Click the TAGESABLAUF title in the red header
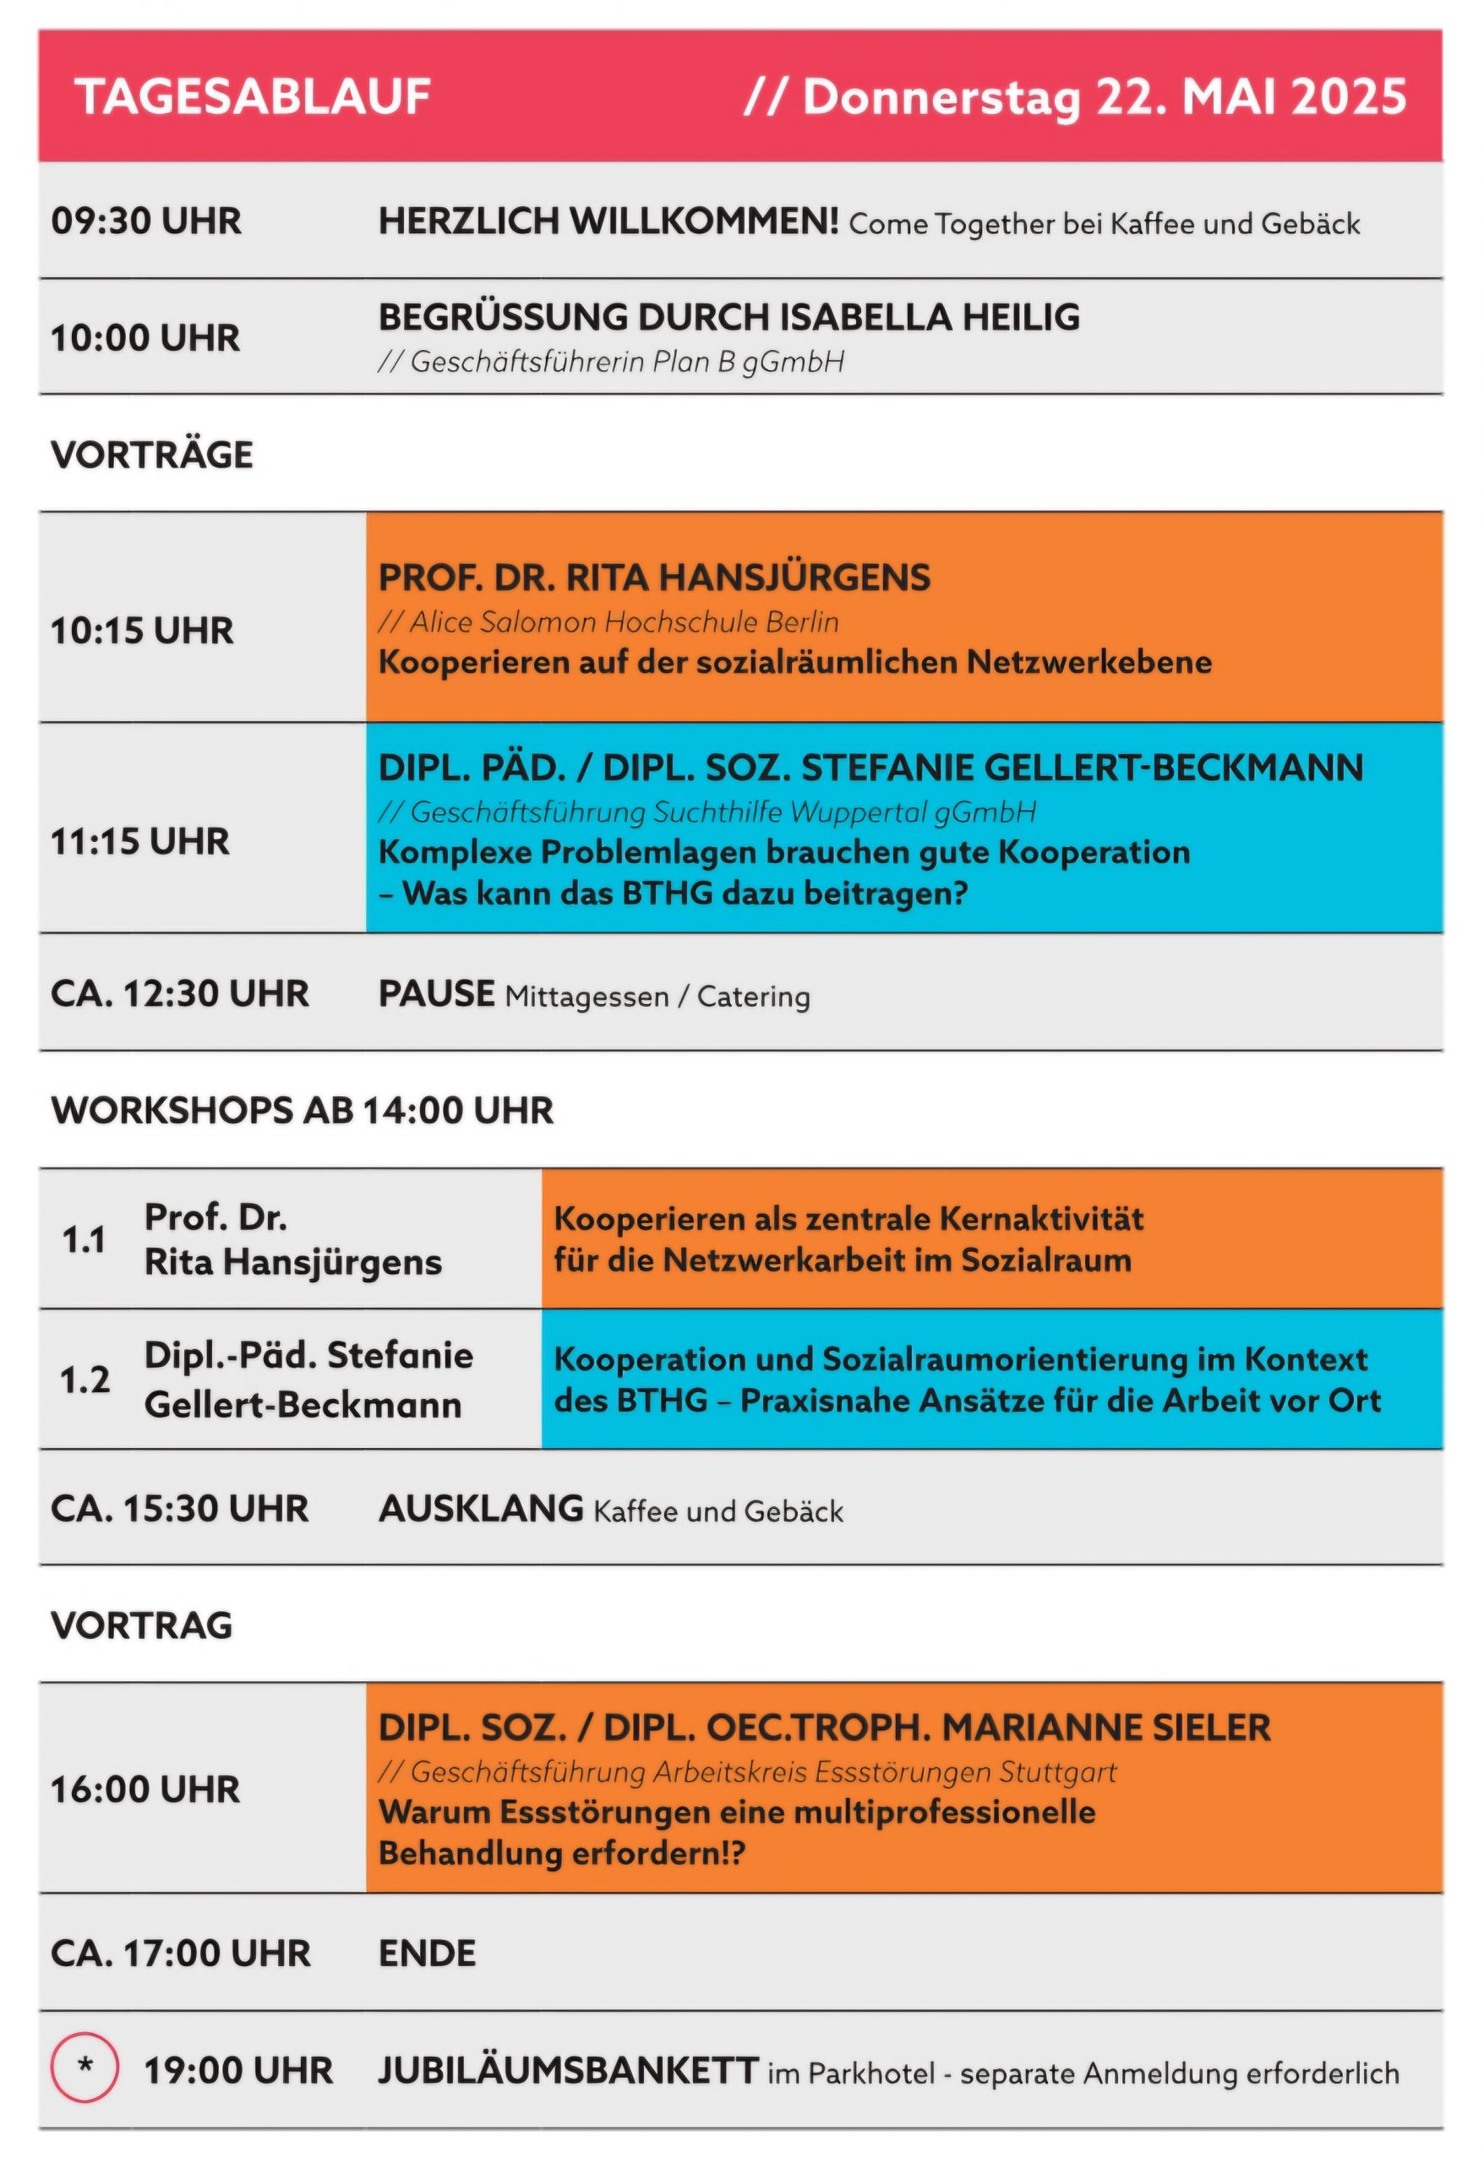point(253,97)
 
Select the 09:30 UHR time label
point(146,221)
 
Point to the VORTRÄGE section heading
point(152,455)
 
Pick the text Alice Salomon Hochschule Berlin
point(624,622)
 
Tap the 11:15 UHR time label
point(140,842)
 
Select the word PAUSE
point(436,993)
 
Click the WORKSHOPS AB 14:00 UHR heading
point(303,1110)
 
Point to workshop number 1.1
point(84,1239)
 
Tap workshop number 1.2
point(85,1379)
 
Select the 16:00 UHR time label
point(145,1789)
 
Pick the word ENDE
point(428,1953)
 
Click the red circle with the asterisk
point(85,2070)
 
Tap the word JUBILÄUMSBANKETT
point(568,2070)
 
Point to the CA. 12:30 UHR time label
point(180,993)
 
